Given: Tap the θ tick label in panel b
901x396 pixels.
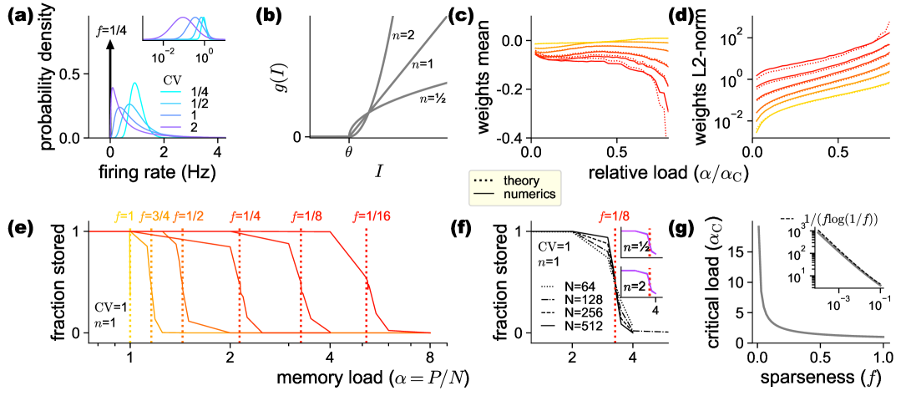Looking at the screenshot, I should (349, 151).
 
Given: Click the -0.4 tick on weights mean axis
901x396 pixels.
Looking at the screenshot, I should (513, 137).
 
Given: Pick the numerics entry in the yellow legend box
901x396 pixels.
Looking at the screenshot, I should (512, 195).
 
